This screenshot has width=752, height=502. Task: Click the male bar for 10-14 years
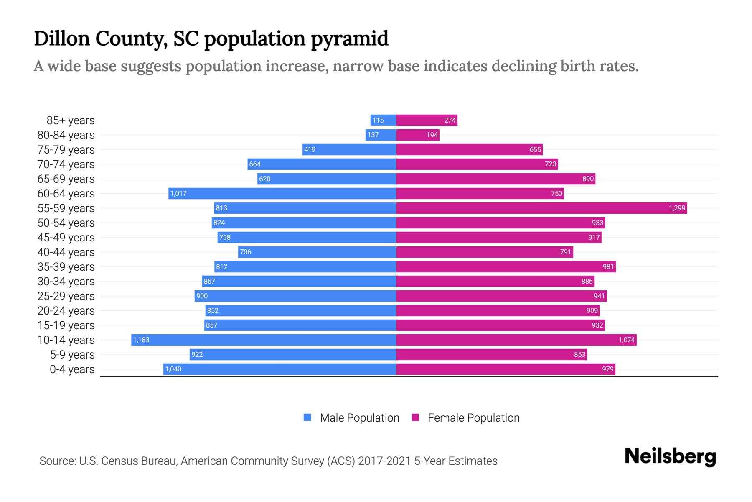click(263, 340)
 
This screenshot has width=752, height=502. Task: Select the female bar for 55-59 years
click(541, 208)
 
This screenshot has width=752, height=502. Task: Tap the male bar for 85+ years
click(383, 120)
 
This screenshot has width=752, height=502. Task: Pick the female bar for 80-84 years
click(418, 135)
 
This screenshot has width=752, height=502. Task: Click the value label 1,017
click(178, 193)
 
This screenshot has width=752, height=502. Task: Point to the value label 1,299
click(677, 208)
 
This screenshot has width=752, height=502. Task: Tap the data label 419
click(310, 149)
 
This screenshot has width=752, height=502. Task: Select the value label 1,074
click(627, 340)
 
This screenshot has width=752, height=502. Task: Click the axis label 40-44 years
click(66, 252)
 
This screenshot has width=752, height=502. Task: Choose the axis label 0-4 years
click(72, 369)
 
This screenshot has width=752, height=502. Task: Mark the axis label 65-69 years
click(66, 179)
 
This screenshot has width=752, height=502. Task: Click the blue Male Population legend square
click(307, 417)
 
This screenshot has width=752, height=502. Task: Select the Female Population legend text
click(473, 417)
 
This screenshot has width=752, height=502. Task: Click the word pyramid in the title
click(350, 39)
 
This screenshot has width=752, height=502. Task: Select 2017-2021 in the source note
click(384, 461)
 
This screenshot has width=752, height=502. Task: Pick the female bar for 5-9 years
click(491, 354)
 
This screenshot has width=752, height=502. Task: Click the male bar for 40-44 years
click(317, 252)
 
